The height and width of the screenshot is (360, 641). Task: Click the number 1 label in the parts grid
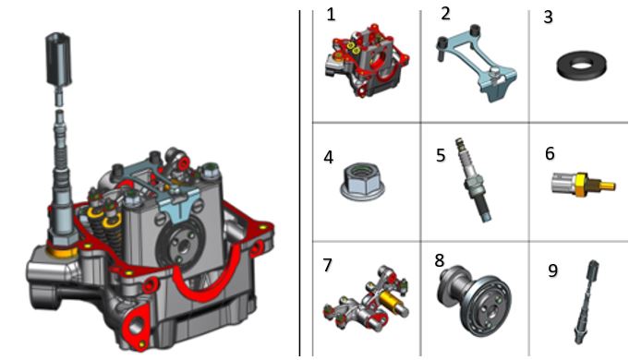[x=331, y=15]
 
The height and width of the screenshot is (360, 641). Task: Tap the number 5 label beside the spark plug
[x=441, y=156]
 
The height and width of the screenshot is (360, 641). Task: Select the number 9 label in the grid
[x=552, y=270]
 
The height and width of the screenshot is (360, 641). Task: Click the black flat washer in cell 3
[x=581, y=66]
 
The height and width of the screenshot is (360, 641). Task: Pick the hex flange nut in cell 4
[x=362, y=182]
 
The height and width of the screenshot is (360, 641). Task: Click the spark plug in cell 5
[x=474, y=180]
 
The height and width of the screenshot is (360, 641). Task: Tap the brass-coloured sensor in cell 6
[x=584, y=185]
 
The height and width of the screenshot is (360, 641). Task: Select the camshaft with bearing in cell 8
[x=475, y=299]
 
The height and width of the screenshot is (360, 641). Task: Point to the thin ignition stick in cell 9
[x=587, y=302]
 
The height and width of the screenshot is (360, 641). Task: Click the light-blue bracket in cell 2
[x=477, y=61]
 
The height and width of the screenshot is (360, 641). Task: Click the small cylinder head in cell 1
[x=367, y=61]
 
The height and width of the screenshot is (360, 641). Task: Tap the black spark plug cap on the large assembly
[x=58, y=59]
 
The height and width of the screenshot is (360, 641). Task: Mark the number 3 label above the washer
[x=549, y=18]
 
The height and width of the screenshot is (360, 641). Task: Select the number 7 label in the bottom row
[x=327, y=265]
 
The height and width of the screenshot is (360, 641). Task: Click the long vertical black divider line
[x=299, y=183]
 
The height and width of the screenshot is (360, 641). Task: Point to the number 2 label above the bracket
[x=445, y=14]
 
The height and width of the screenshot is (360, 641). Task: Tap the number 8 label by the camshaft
[x=440, y=260]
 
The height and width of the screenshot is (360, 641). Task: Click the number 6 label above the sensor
[x=550, y=153]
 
